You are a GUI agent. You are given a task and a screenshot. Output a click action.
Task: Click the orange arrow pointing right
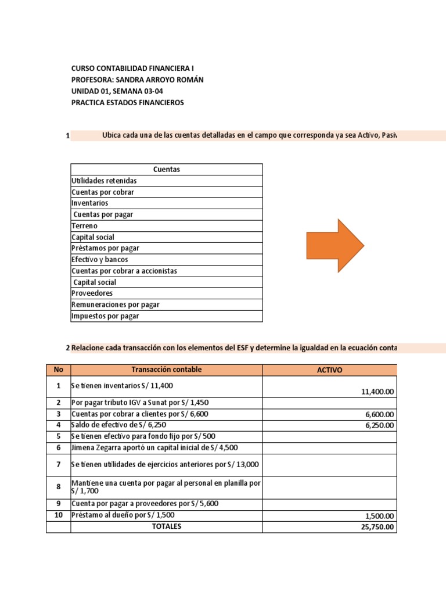pos(335,245)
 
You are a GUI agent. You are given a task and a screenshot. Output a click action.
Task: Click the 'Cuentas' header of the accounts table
pos(166,169)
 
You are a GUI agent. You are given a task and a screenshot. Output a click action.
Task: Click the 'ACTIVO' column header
pos(329,370)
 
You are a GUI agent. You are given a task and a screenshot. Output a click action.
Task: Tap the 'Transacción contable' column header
pos(166,370)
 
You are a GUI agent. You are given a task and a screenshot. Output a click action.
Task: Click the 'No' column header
pos(58,370)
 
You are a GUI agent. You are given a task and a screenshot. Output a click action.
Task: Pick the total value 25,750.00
pos(377,527)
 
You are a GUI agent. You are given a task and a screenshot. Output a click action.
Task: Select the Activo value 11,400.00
pos(377,392)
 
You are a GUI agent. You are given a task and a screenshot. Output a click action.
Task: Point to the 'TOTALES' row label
pos(166,526)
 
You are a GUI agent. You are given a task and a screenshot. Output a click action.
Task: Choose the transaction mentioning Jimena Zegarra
pos(154,447)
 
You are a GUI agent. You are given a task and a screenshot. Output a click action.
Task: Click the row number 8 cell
pos(58,487)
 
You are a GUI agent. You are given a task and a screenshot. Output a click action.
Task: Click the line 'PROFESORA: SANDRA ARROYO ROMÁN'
pos(137,80)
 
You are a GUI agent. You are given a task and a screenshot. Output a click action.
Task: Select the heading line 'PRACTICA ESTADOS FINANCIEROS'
pos(127,103)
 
